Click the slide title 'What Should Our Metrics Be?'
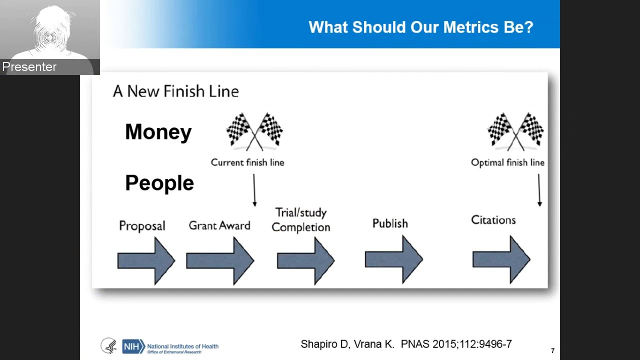pyautogui.click(x=421, y=27)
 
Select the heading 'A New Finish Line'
pyautogui.click(x=175, y=91)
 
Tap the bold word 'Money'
pyautogui.click(x=158, y=132)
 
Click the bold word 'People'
pyautogui.click(x=159, y=182)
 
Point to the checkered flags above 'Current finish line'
pyautogui.click(x=254, y=131)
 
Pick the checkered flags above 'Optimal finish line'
pyautogui.click(x=515, y=131)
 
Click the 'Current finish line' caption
pyautogui.click(x=247, y=162)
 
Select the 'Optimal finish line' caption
pyautogui.click(x=507, y=162)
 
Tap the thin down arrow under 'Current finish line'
pyautogui.click(x=254, y=190)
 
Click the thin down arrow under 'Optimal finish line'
pyautogui.click(x=539, y=190)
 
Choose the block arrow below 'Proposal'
pyautogui.click(x=146, y=260)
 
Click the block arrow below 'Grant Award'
pyautogui.click(x=220, y=260)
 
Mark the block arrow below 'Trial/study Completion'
pyautogui.click(x=305, y=260)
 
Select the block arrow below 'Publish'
pyautogui.click(x=394, y=259)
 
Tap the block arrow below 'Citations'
pyautogui.click(x=501, y=259)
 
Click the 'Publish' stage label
pyautogui.click(x=390, y=223)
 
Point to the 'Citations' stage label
pyautogui.click(x=493, y=220)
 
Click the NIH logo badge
pyautogui.click(x=133, y=346)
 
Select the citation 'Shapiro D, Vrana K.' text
pyautogui.click(x=347, y=344)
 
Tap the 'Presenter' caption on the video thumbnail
pyautogui.click(x=29, y=67)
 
